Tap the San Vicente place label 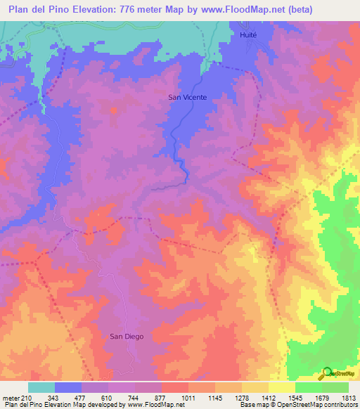pos(187,98)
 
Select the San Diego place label pos(127,337)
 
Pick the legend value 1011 pos(188,398)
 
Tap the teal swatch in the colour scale pos(41,387)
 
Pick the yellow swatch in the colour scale pos(282,387)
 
